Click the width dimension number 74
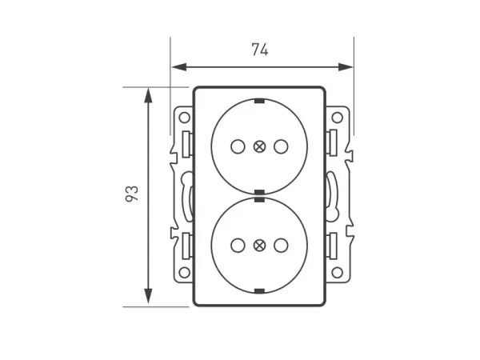tap(259, 50)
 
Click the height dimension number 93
tap(132, 194)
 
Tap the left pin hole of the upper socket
tap(237, 146)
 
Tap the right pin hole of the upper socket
tap(280, 146)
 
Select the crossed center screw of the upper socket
tap(258, 146)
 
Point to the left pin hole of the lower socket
tap(237, 246)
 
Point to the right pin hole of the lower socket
tap(280, 246)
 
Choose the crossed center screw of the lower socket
tap(258, 246)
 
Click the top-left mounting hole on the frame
tap(184, 118)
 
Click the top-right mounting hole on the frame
tap(336, 118)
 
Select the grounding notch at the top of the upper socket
tap(258, 101)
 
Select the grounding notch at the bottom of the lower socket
tap(258, 290)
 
